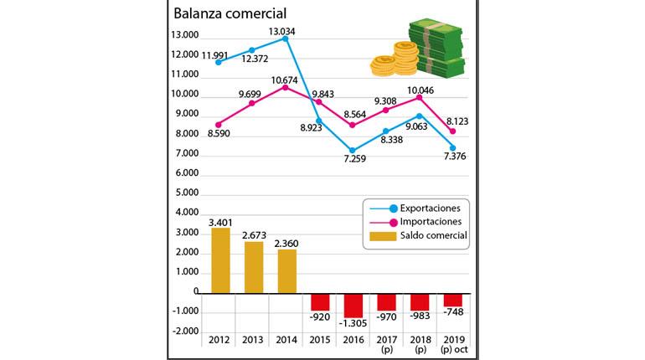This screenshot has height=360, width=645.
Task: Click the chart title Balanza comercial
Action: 229,13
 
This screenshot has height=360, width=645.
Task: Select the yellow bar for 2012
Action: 220,260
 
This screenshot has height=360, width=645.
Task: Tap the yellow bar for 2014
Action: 286,271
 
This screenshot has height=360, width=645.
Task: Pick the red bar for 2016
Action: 353,304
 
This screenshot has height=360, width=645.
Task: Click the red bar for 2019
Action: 452,300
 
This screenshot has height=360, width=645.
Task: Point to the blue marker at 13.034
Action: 286,39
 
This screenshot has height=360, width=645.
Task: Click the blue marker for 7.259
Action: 353,151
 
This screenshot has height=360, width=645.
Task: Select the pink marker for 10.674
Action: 286,87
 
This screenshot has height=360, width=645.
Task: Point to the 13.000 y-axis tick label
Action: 184,35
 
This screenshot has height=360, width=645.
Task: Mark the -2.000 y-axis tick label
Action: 185,332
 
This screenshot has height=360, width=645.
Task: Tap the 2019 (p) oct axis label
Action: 452,346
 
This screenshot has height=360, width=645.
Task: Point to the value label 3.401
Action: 219,221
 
